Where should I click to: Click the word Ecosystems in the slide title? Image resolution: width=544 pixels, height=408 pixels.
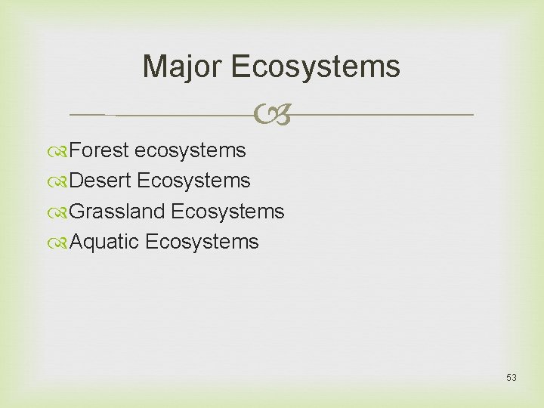point(316,66)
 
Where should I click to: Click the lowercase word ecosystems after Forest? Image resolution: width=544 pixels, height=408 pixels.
point(190,150)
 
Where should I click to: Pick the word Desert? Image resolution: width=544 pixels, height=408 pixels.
point(100,181)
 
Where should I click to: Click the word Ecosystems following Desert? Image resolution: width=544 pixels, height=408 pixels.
point(194,181)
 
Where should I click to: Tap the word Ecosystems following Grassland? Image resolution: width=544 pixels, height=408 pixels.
point(227,212)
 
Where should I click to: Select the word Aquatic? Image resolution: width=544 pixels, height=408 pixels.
point(104,242)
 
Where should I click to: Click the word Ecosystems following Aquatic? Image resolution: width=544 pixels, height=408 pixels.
point(202,242)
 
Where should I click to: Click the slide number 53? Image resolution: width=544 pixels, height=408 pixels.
point(512,378)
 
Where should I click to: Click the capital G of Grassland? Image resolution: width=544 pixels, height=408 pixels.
point(76,212)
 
